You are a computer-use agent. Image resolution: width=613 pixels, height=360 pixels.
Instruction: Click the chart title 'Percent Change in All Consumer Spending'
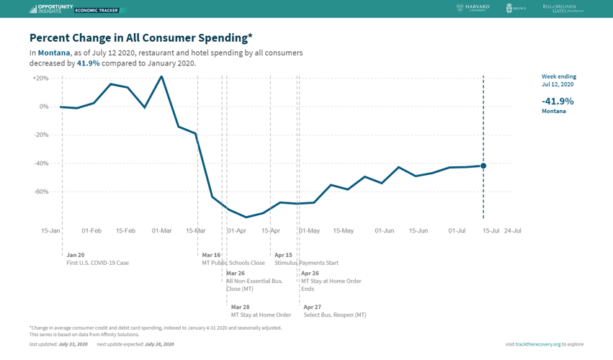[x=140, y=37]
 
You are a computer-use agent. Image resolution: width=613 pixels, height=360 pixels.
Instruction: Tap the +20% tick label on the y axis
[x=40, y=78]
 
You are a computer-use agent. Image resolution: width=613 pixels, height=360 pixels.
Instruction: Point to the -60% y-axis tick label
[x=40, y=192]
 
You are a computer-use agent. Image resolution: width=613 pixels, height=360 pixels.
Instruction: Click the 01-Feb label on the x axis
[x=91, y=231]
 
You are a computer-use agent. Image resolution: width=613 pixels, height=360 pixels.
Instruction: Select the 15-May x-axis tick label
[x=343, y=231]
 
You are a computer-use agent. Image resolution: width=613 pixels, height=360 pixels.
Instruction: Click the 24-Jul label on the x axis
[x=512, y=231]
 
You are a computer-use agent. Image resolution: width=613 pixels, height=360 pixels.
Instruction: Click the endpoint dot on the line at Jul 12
[x=483, y=166]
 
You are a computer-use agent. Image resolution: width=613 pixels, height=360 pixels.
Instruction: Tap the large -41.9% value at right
[x=558, y=102]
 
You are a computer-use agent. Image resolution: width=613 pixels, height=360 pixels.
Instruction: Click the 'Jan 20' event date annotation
[x=75, y=255]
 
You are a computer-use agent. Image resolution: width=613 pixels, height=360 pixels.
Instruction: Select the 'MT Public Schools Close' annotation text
[x=233, y=264]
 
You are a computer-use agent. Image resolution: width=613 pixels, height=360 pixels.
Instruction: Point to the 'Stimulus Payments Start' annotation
[x=306, y=264]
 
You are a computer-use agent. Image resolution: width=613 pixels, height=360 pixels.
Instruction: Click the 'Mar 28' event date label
[x=240, y=307]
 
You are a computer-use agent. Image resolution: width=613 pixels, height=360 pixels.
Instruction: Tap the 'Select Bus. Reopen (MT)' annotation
[x=335, y=315]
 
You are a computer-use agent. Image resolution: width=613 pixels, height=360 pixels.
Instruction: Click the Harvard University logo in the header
[x=473, y=8]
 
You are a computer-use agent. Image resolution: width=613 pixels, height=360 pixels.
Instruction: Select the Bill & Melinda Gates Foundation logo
[x=563, y=9]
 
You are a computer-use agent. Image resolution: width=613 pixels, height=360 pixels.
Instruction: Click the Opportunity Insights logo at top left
[x=51, y=9]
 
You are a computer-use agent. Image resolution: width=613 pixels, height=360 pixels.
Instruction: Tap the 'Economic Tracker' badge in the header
[x=97, y=10]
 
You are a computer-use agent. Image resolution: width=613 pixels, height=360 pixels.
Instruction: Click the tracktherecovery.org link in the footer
[x=538, y=344]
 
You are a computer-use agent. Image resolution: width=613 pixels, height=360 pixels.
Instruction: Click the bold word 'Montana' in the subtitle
[x=54, y=53]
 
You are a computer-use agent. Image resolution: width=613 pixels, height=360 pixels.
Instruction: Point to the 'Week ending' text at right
[x=558, y=76]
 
